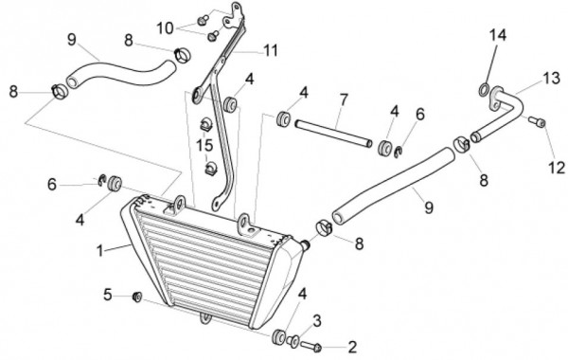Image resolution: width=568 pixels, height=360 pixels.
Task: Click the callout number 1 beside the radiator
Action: (100, 251)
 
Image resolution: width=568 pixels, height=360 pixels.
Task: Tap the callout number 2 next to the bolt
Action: (352, 347)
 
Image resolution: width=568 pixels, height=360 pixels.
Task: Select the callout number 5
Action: (108, 295)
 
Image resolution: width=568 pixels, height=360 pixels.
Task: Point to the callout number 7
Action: (344, 99)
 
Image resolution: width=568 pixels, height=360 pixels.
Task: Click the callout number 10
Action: (165, 28)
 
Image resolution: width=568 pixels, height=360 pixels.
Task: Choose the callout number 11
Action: (271, 50)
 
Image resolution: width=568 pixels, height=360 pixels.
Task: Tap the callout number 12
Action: (558, 168)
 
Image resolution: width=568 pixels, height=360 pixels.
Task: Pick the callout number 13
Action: (551, 78)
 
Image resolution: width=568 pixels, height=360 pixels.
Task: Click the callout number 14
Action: (498, 35)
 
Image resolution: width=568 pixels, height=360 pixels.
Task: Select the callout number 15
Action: (204, 145)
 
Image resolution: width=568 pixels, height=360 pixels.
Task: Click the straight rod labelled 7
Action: (333, 134)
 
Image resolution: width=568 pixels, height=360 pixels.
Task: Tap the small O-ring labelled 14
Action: (484, 90)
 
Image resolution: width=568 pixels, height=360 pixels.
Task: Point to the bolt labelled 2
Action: (311, 347)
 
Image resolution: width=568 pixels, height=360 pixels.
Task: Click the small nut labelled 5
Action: (137, 297)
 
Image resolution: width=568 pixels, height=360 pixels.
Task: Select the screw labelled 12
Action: (537, 121)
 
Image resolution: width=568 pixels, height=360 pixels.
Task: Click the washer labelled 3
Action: (293, 341)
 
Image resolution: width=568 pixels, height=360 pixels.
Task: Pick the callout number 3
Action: (317, 320)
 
